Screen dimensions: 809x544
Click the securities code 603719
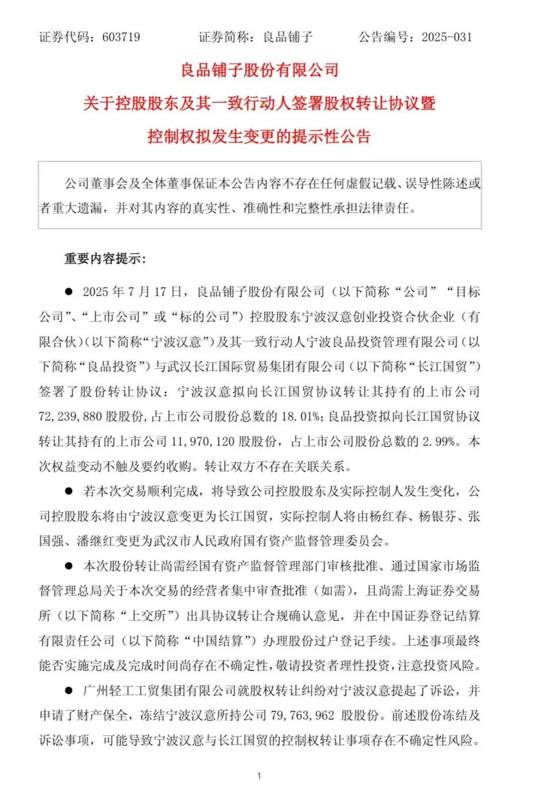point(121,37)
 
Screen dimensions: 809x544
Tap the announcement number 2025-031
point(447,37)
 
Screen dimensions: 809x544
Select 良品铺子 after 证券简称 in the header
point(288,37)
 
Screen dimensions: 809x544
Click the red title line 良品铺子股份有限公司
point(259,70)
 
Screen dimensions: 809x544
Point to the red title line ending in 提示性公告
point(259,137)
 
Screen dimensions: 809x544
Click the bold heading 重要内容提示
point(105,259)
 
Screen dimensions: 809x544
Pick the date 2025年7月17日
point(132,292)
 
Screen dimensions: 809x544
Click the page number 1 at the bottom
point(259,776)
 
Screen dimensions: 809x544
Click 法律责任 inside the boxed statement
point(383,208)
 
